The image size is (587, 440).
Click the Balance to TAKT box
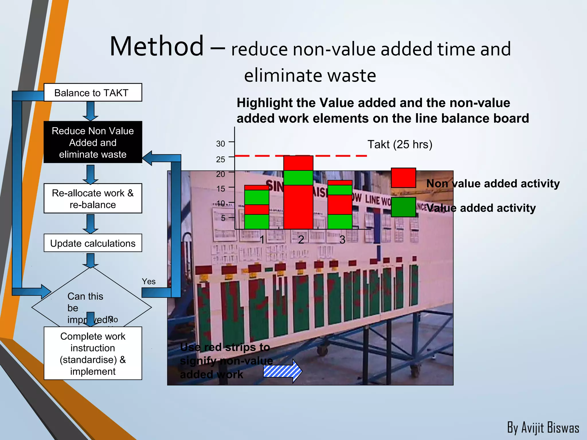click(x=93, y=93)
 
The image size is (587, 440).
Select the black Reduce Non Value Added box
click(x=93, y=142)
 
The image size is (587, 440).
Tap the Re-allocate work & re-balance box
click(x=93, y=199)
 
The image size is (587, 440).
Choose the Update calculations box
click(x=93, y=243)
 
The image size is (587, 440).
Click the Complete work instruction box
click(x=93, y=353)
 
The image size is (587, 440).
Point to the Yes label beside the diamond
click(x=148, y=282)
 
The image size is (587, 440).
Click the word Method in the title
click(x=156, y=46)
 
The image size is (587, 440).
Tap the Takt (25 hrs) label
click(x=400, y=144)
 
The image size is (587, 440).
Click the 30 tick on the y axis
click(x=220, y=144)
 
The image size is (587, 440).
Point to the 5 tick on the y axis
click(x=223, y=218)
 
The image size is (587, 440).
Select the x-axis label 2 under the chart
click(x=301, y=239)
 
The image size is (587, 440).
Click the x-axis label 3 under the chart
click(x=342, y=239)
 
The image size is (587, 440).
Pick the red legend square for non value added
click(x=403, y=178)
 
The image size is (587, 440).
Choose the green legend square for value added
click(x=403, y=207)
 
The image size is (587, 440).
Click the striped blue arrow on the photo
click(x=282, y=371)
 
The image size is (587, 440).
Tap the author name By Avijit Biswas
click(x=543, y=428)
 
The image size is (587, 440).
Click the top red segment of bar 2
click(x=298, y=163)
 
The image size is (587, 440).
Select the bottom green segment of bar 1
click(x=257, y=222)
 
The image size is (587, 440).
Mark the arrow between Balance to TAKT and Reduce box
click(x=91, y=111)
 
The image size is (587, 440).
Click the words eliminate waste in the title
click(x=310, y=76)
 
